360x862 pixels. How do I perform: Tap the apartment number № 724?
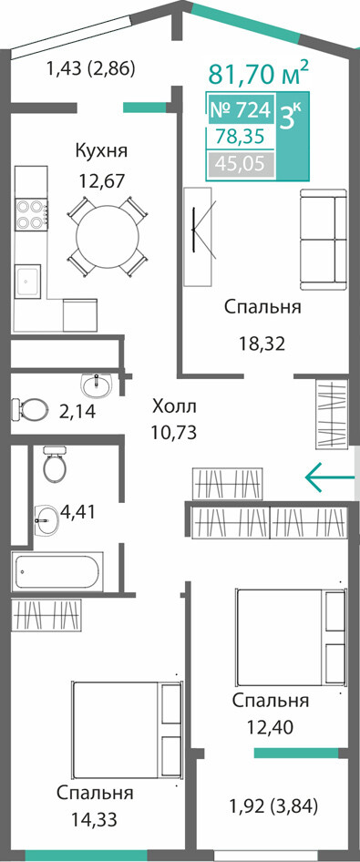(x=241, y=110)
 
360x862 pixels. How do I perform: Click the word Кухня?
(x=102, y=150)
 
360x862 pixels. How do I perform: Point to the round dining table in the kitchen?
(x=108, y=237)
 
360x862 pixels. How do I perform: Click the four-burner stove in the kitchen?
(x=30, y=215)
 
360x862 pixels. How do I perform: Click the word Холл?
(x=174, y=407)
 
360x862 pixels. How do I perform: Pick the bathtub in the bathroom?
(x=57, y=572)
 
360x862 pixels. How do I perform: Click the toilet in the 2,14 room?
(x=29, y=409)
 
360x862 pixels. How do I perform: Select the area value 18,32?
(x=262, y=344)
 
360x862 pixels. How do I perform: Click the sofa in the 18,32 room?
(x=324, y=240)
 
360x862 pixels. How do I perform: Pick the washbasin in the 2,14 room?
(x=96, y=385)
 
